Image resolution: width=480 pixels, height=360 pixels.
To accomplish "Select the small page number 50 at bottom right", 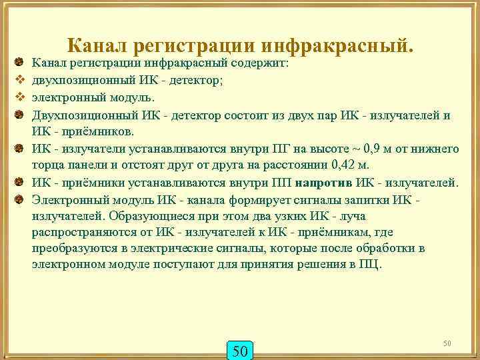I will pyautogui.click(x=447, y=343).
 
